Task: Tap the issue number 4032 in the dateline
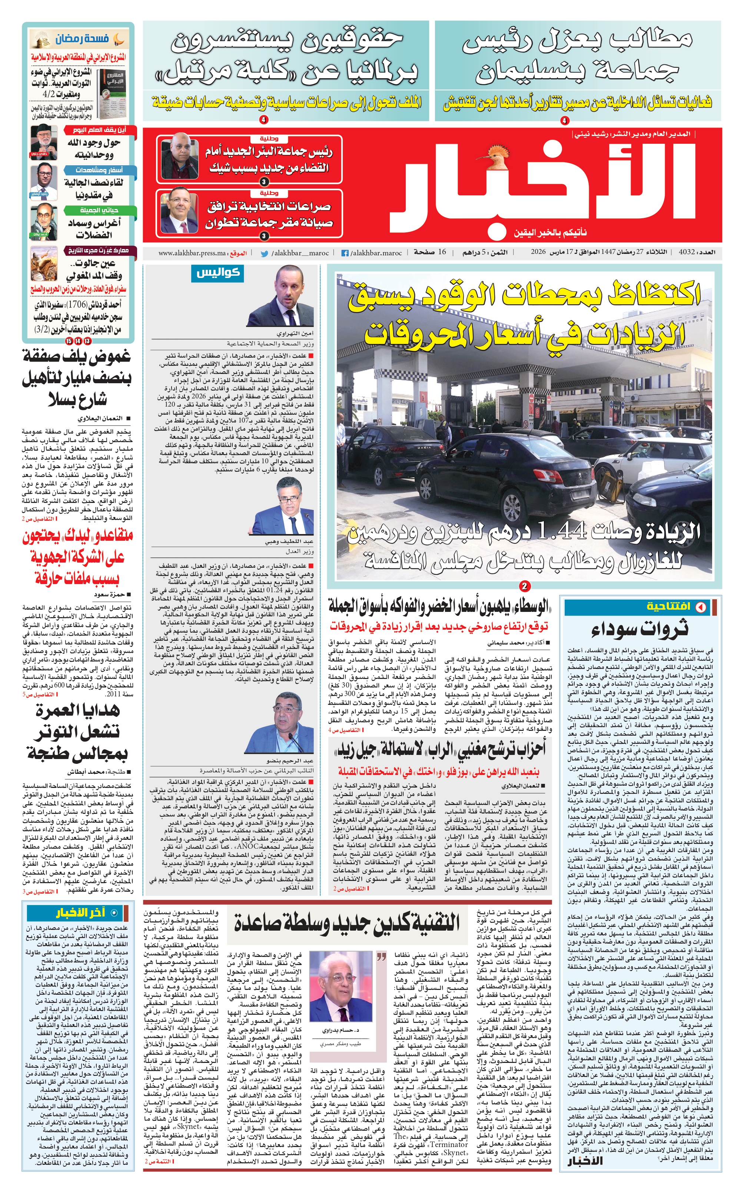[686, 252]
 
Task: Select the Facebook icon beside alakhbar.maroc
[345, 253]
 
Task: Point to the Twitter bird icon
[264, 253]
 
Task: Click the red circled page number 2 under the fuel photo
[525, 586]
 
